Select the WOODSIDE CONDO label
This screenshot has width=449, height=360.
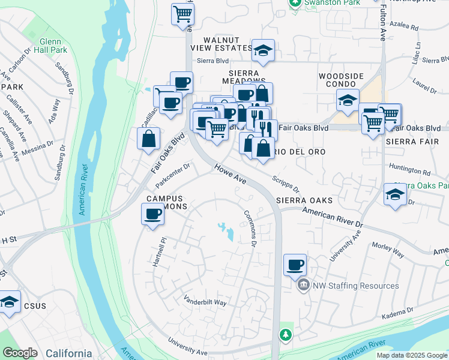coord(341,80)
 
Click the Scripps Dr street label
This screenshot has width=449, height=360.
coord(285,184)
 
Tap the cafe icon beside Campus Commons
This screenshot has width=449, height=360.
coord(152,214)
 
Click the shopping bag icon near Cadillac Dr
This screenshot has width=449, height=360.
coord(149,139)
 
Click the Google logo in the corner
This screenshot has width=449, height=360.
coord(20,353)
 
